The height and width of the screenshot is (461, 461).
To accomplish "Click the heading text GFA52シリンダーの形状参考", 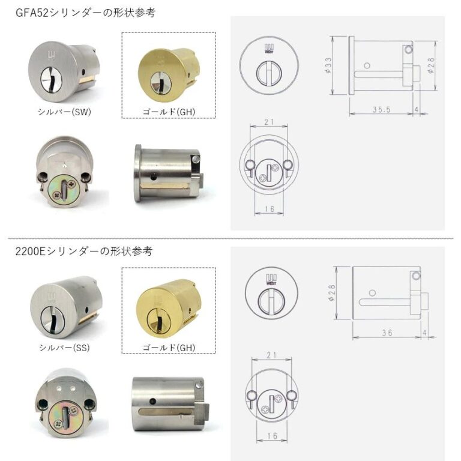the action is [85, 13].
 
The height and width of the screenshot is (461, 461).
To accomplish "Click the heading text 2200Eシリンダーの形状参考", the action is [84, 252].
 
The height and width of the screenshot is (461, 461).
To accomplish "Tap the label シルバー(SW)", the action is [64, 112].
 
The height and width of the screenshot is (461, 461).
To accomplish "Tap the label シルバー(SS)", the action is [64, 348].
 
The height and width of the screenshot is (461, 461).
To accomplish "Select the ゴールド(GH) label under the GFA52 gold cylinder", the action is [169, 112].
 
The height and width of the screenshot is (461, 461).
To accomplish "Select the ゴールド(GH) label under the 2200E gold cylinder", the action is [169, 348].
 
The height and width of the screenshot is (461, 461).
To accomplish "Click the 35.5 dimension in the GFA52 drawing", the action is [382, 110].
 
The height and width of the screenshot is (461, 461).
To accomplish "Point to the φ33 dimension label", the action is [328, 65].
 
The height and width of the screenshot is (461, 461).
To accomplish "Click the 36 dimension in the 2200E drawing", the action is [387, 333].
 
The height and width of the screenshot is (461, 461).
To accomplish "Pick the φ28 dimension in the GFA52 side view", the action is [431, 65].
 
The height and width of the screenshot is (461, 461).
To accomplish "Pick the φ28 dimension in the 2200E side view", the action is [331, 292].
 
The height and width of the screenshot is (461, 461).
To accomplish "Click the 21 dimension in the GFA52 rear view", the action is [269, 122].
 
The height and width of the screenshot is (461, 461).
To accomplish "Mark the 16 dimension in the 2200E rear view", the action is [272, 435].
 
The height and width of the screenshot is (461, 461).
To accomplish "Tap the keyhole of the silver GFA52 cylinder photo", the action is [50, 79].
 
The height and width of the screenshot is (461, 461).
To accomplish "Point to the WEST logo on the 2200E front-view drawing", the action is [271, 279].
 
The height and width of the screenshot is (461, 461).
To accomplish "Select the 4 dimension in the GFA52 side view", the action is [417, 109].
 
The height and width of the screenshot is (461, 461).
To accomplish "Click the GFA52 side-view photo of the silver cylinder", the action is [169, 173].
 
